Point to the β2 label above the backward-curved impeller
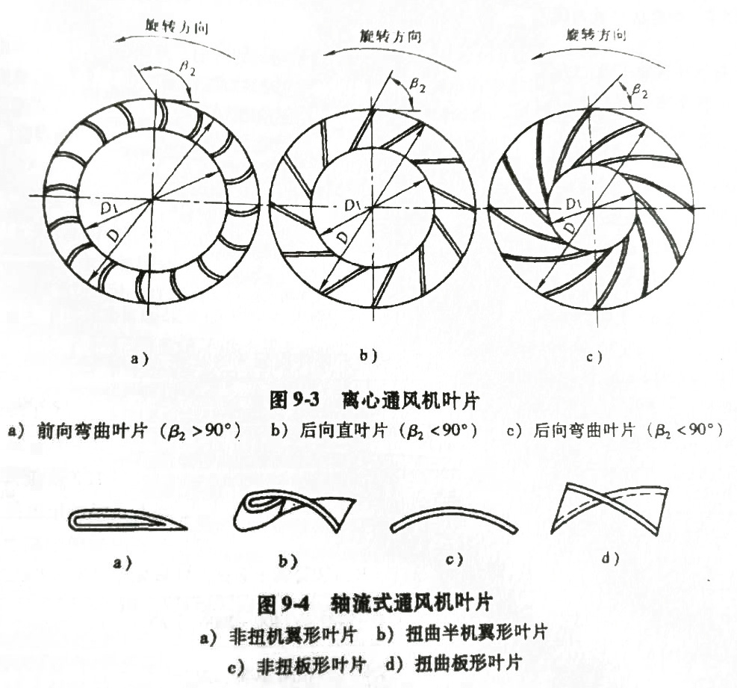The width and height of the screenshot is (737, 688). tap(639, 90)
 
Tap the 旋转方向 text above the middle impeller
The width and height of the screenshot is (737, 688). tap(386, 35)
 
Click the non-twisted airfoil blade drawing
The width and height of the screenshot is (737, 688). tap(127, 519)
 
